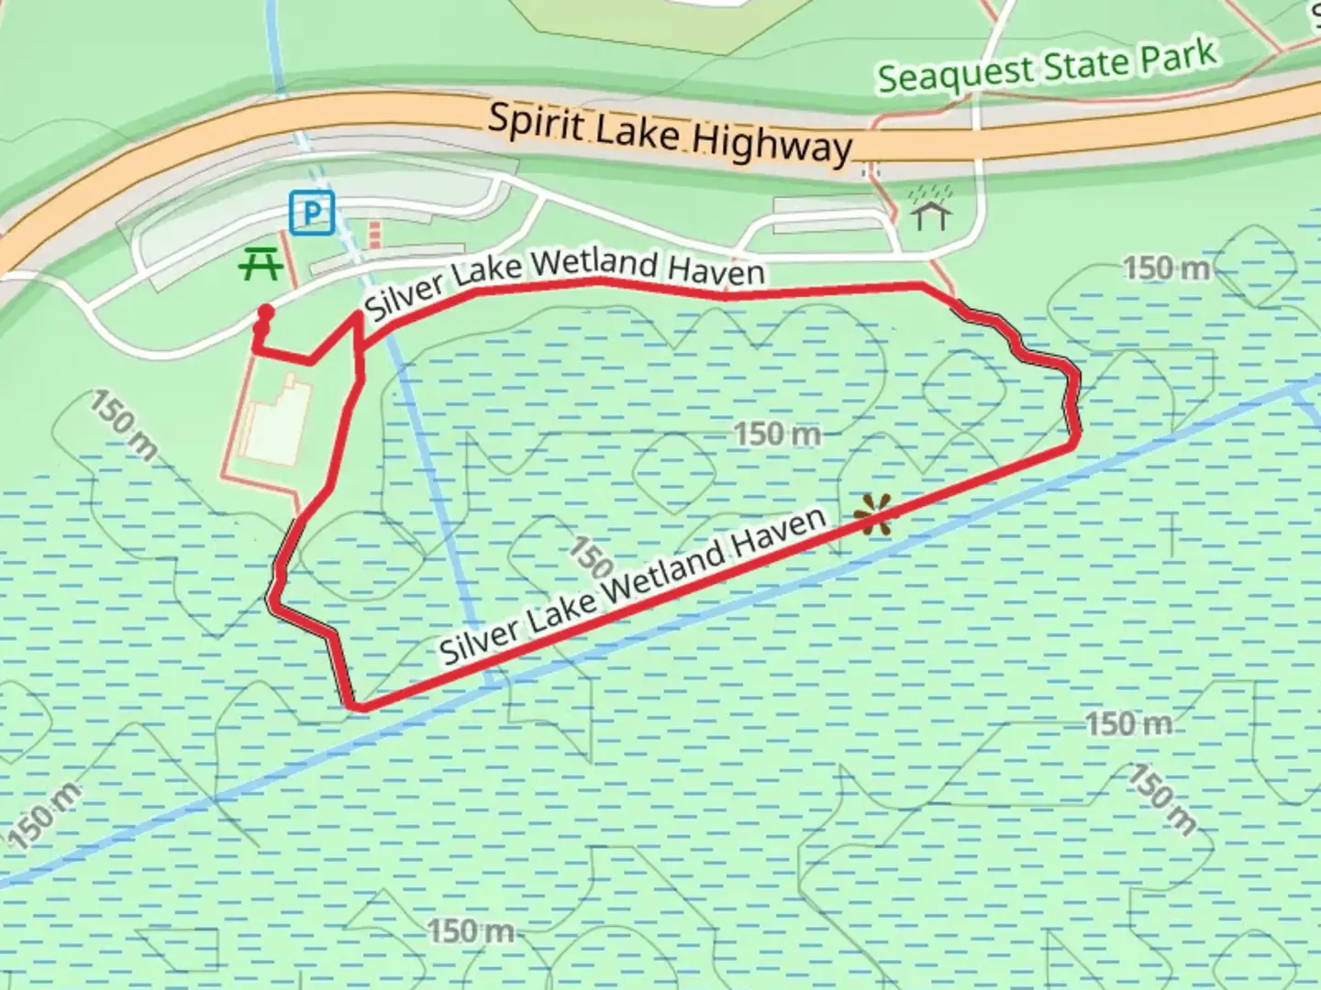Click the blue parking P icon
(312, 214)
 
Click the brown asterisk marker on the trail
(873, 515)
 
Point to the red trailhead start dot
(266, 313)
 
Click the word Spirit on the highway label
(536, 123)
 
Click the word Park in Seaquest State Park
(1178, 57)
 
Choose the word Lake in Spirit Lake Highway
(638, 133)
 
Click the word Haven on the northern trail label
(716, 269)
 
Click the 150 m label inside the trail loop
(777, 434)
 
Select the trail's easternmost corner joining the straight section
(1073, 446)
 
